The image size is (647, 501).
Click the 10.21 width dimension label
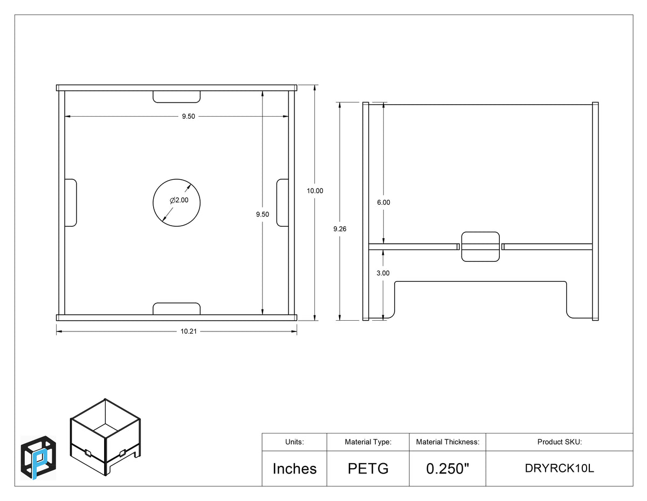(188, 331)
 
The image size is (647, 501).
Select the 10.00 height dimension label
(315, 191)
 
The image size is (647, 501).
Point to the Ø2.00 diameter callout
(179, 200)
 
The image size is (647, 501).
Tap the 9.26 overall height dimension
(340, 229)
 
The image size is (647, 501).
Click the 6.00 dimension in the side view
(383, 202)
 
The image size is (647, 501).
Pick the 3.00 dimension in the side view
(383, 273)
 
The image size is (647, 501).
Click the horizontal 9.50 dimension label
(188, 116)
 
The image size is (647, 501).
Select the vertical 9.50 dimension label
(262, 214)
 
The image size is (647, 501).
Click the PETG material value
(368, 468)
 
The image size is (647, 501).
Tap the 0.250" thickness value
(447, 468)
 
